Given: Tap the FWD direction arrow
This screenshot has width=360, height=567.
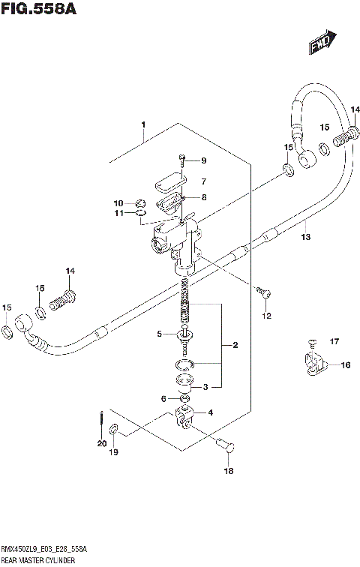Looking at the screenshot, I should pos(321,45).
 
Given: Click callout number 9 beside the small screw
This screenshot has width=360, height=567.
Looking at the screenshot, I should pos(202,160).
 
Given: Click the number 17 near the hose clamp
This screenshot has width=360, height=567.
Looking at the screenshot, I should pos(334,343).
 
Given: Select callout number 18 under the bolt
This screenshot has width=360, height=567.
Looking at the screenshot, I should pos(229,471).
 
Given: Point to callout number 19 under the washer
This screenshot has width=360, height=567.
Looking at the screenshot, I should pos(113,452).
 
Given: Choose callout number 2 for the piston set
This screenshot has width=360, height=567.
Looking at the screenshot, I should pos(235,345).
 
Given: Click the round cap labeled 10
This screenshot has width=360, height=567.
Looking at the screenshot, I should pos(139,202).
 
